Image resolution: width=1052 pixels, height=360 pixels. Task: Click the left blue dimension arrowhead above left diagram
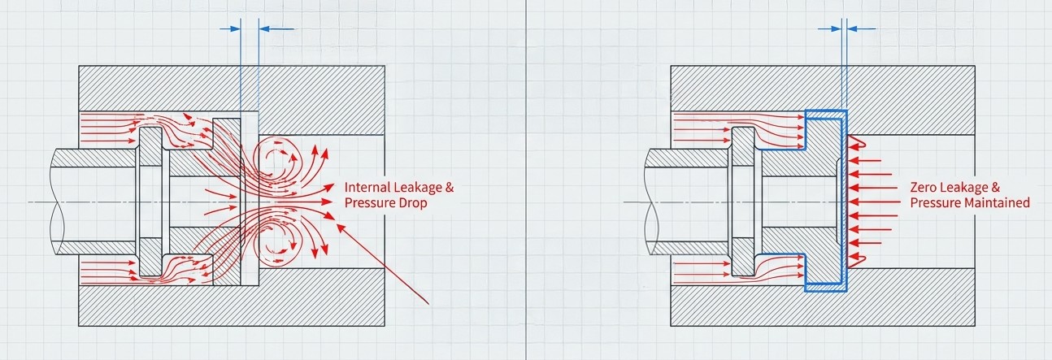coord(236,28)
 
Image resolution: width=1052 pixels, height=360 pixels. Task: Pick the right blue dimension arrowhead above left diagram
coord(264,28)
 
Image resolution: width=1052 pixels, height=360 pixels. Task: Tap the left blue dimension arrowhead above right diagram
coord(836,28)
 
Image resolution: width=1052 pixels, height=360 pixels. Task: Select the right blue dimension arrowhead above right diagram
coord(852,28)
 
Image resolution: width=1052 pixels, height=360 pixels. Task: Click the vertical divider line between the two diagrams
coord(525,180)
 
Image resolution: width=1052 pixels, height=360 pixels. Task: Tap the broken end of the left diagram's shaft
coord(54,202)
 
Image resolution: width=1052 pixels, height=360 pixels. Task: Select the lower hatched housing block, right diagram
coord(823,305)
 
